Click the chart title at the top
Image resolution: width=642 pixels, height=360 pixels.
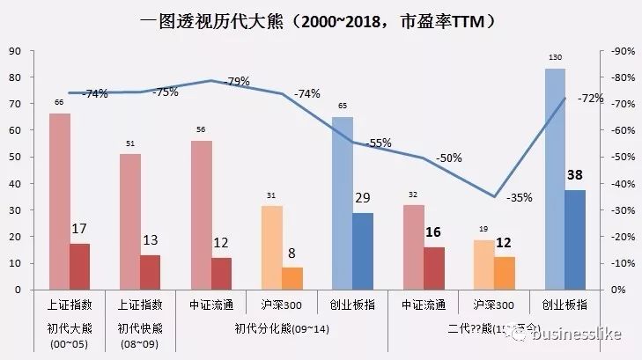pyautogui.click(x=321, y=18)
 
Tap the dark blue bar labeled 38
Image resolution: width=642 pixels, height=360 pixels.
pyautogui.click(x=575, y=239)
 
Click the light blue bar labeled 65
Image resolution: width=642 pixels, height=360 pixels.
pyautogui.click(x=343, y=202)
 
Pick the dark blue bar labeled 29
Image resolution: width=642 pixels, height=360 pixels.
pyautogui.click(x=363, y=251)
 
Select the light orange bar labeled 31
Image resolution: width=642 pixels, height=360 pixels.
pyautogui.click(x=272, y=247)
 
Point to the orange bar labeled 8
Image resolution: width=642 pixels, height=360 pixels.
pyautogui.click(x=291, y=278)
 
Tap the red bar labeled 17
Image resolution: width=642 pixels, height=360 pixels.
pyautogui.click(x=80, y=267)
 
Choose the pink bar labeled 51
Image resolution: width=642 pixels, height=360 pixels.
pyautogui.click(x=130, y=221)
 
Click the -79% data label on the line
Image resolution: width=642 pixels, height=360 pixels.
pyautogui.click(x=238, y=82)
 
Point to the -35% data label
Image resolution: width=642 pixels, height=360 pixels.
pyautogui.click(x=520, y=198)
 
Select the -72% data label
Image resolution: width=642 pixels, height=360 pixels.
pyautogui.click(x=589, y=99)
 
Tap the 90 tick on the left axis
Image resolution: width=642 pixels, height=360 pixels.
pyautogui.click(x=13, y=51)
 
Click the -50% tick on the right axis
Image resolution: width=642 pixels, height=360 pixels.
pyautogui.click(x=623, y=158)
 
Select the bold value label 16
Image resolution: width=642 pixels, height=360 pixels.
pyautogui.click(x=433, y=232)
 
